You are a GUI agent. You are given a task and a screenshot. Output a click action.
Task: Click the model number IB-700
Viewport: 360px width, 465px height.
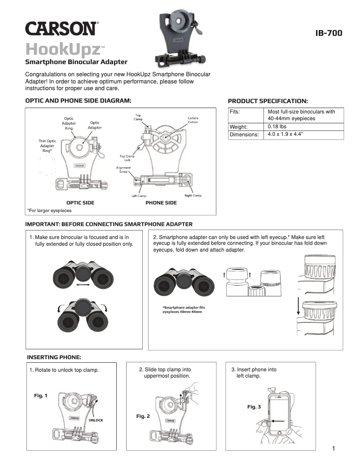pyautogui.click(x=329, y=33)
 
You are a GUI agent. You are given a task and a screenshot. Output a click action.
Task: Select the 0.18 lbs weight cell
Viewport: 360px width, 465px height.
pyautogui.click(x=274, y=126)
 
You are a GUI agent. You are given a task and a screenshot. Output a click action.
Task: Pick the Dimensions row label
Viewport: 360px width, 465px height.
pyautogui.click(x=244, y=135)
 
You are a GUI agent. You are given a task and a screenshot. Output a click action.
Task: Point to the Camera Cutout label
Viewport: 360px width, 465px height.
pyautogui.click(x=193, y=120)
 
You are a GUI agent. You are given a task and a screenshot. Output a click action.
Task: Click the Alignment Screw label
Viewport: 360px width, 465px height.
pyautogui.click(x=123, y=169)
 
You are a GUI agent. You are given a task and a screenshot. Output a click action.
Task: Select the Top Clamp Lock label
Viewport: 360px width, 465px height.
pyautogui.click(x=127, y=158)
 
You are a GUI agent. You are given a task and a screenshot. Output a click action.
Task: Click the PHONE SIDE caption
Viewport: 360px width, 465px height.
pyautogui.click(x=161, y=203)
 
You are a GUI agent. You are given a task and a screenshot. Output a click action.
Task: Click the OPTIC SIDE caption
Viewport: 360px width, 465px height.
pyautogui.click(x=80, y=203)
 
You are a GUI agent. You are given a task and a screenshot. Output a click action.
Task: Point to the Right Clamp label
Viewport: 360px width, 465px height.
pyautogui.click(x=193, y=196)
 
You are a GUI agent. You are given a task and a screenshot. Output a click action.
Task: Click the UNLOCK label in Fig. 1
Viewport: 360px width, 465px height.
pyautogui.click(x=96, y=420)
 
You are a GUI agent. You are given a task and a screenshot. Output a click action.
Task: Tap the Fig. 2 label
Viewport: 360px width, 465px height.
pyautogui.click(x=143, y=417)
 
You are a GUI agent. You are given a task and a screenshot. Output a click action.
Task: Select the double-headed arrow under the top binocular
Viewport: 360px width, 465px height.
pyautogui.click(x=82, y=285)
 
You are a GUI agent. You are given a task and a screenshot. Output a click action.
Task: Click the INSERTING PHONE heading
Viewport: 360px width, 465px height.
pyautogui.click(x=54, y=357)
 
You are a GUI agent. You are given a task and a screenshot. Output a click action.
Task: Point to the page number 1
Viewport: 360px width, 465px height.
pyautogui.click(x=334, y=448)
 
